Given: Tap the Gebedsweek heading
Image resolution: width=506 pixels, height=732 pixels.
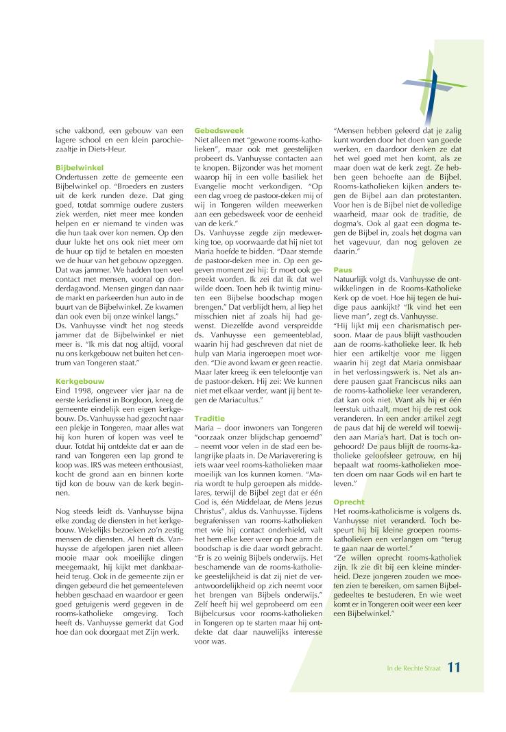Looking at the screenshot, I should [215, 130].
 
